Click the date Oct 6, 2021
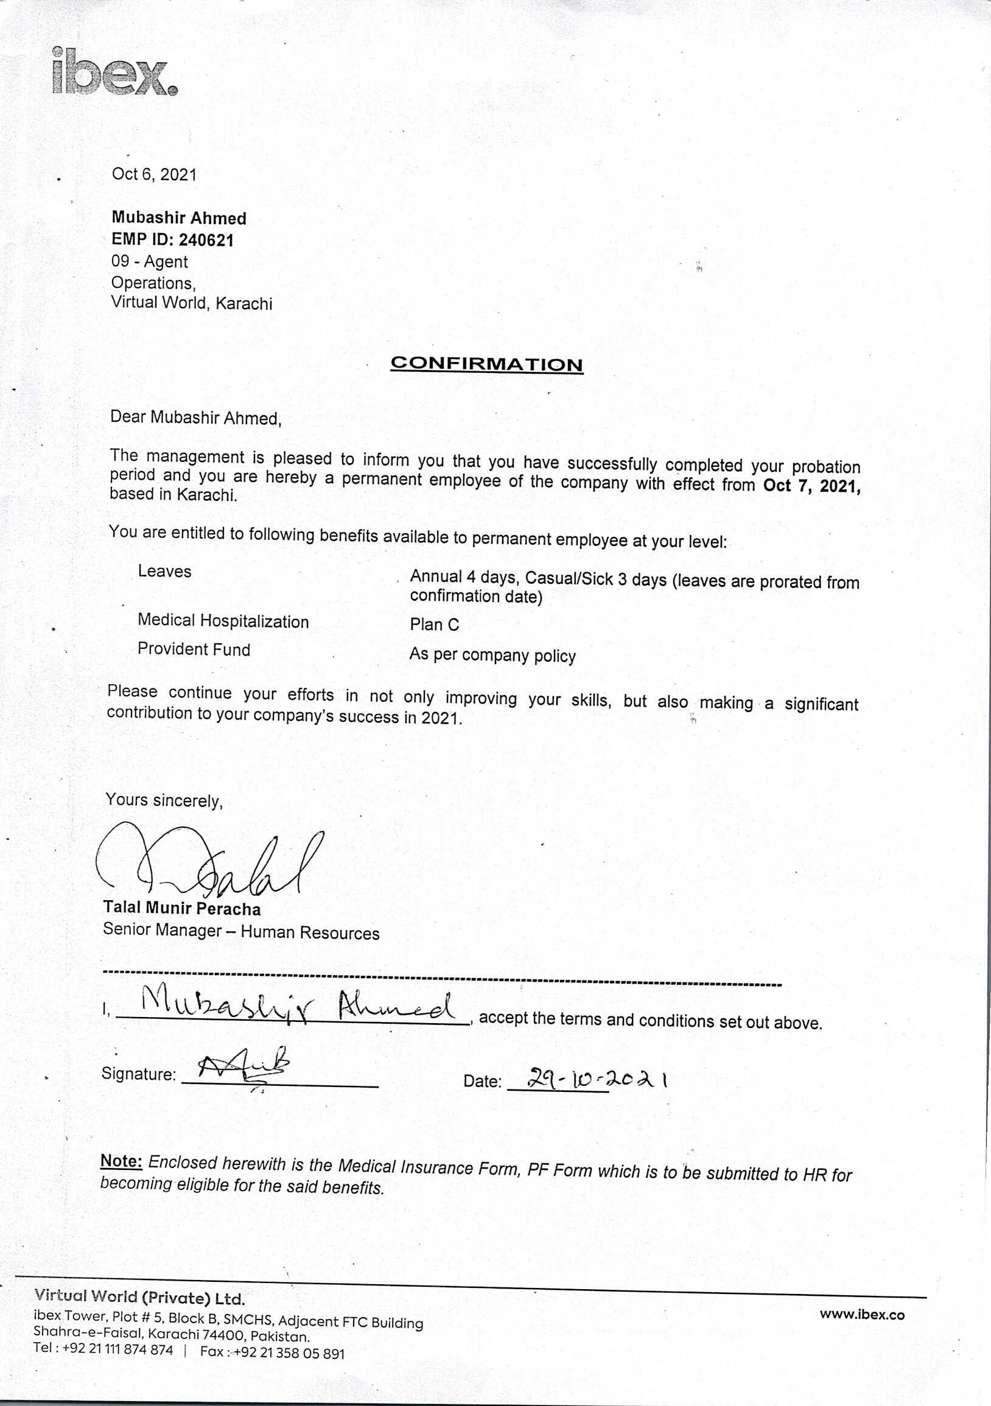(154, 175)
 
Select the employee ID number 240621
(206, 240)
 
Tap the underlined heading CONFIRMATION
(486, 365)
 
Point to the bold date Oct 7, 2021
(811, 486)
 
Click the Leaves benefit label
(164, 572)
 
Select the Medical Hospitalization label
(223, 621)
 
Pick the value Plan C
(434, 624)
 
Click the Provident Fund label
(194, 649)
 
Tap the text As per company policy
(492, 656)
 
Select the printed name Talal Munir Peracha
(182, 908)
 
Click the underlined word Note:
(121, 1161)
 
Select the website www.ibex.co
(862, 1315)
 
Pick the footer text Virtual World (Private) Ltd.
(139, 1298)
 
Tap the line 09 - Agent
(150, 262)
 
